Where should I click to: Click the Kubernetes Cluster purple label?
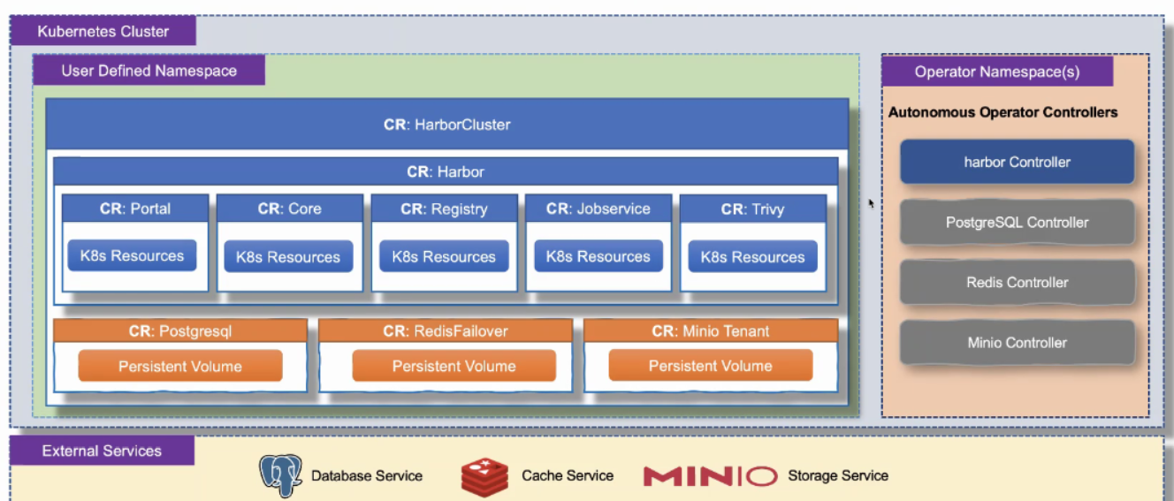coord(103,32)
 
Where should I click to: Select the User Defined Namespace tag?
coord(149,71)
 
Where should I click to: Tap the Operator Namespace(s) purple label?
coord(996,72)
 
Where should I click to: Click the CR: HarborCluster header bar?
coord(446,125)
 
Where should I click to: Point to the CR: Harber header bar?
coord(446,171)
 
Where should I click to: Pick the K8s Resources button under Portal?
coord(133,255)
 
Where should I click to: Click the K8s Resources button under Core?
coord(288,256)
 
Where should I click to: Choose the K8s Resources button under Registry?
coord(444,256)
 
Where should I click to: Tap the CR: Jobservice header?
coord(598,209)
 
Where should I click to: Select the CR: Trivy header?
coord(752,209)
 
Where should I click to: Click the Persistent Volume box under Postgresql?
coord(180,366)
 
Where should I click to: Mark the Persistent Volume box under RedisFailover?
coord(454,366)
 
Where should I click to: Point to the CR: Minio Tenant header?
coord(710,331)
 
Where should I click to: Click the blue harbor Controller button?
coord(1017,162)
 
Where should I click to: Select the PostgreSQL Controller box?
coord(1017,223)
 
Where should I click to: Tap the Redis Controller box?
coord(1017,283)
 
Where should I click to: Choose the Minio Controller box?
coord(1017,343)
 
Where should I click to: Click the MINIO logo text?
coord(710,476)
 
